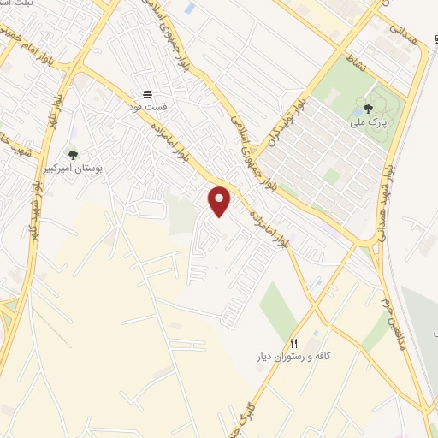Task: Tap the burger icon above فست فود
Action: pyautogui.click(x=148, y=93)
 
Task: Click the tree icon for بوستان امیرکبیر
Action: pyautogui.click(x=73, y=155)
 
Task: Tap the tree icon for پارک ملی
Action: pyautogui.click(x=368, y=109)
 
